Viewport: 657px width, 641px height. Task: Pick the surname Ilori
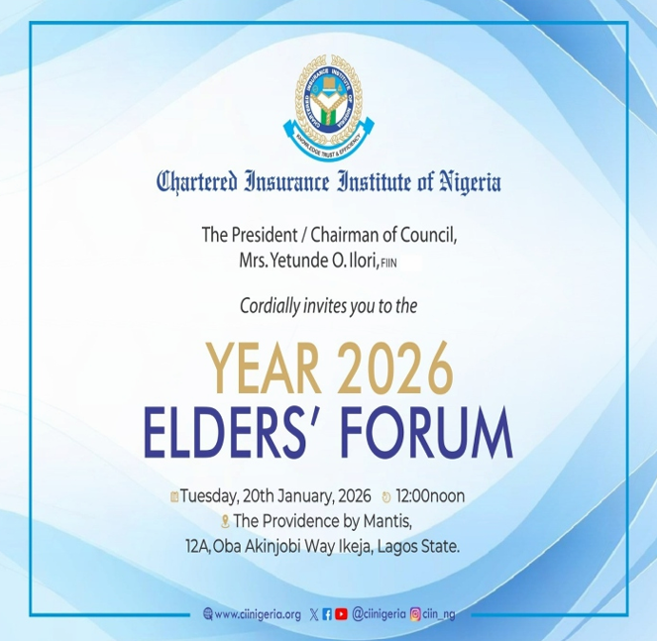pos(383,261)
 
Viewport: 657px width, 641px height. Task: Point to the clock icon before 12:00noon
pos(386,496)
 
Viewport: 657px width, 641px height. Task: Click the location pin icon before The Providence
pos(225,521)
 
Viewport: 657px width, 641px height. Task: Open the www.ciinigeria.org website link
pos(257,614)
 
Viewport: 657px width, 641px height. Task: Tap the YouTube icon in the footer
pos(342,614)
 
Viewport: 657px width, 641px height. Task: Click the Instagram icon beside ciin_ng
pos(416,614)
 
